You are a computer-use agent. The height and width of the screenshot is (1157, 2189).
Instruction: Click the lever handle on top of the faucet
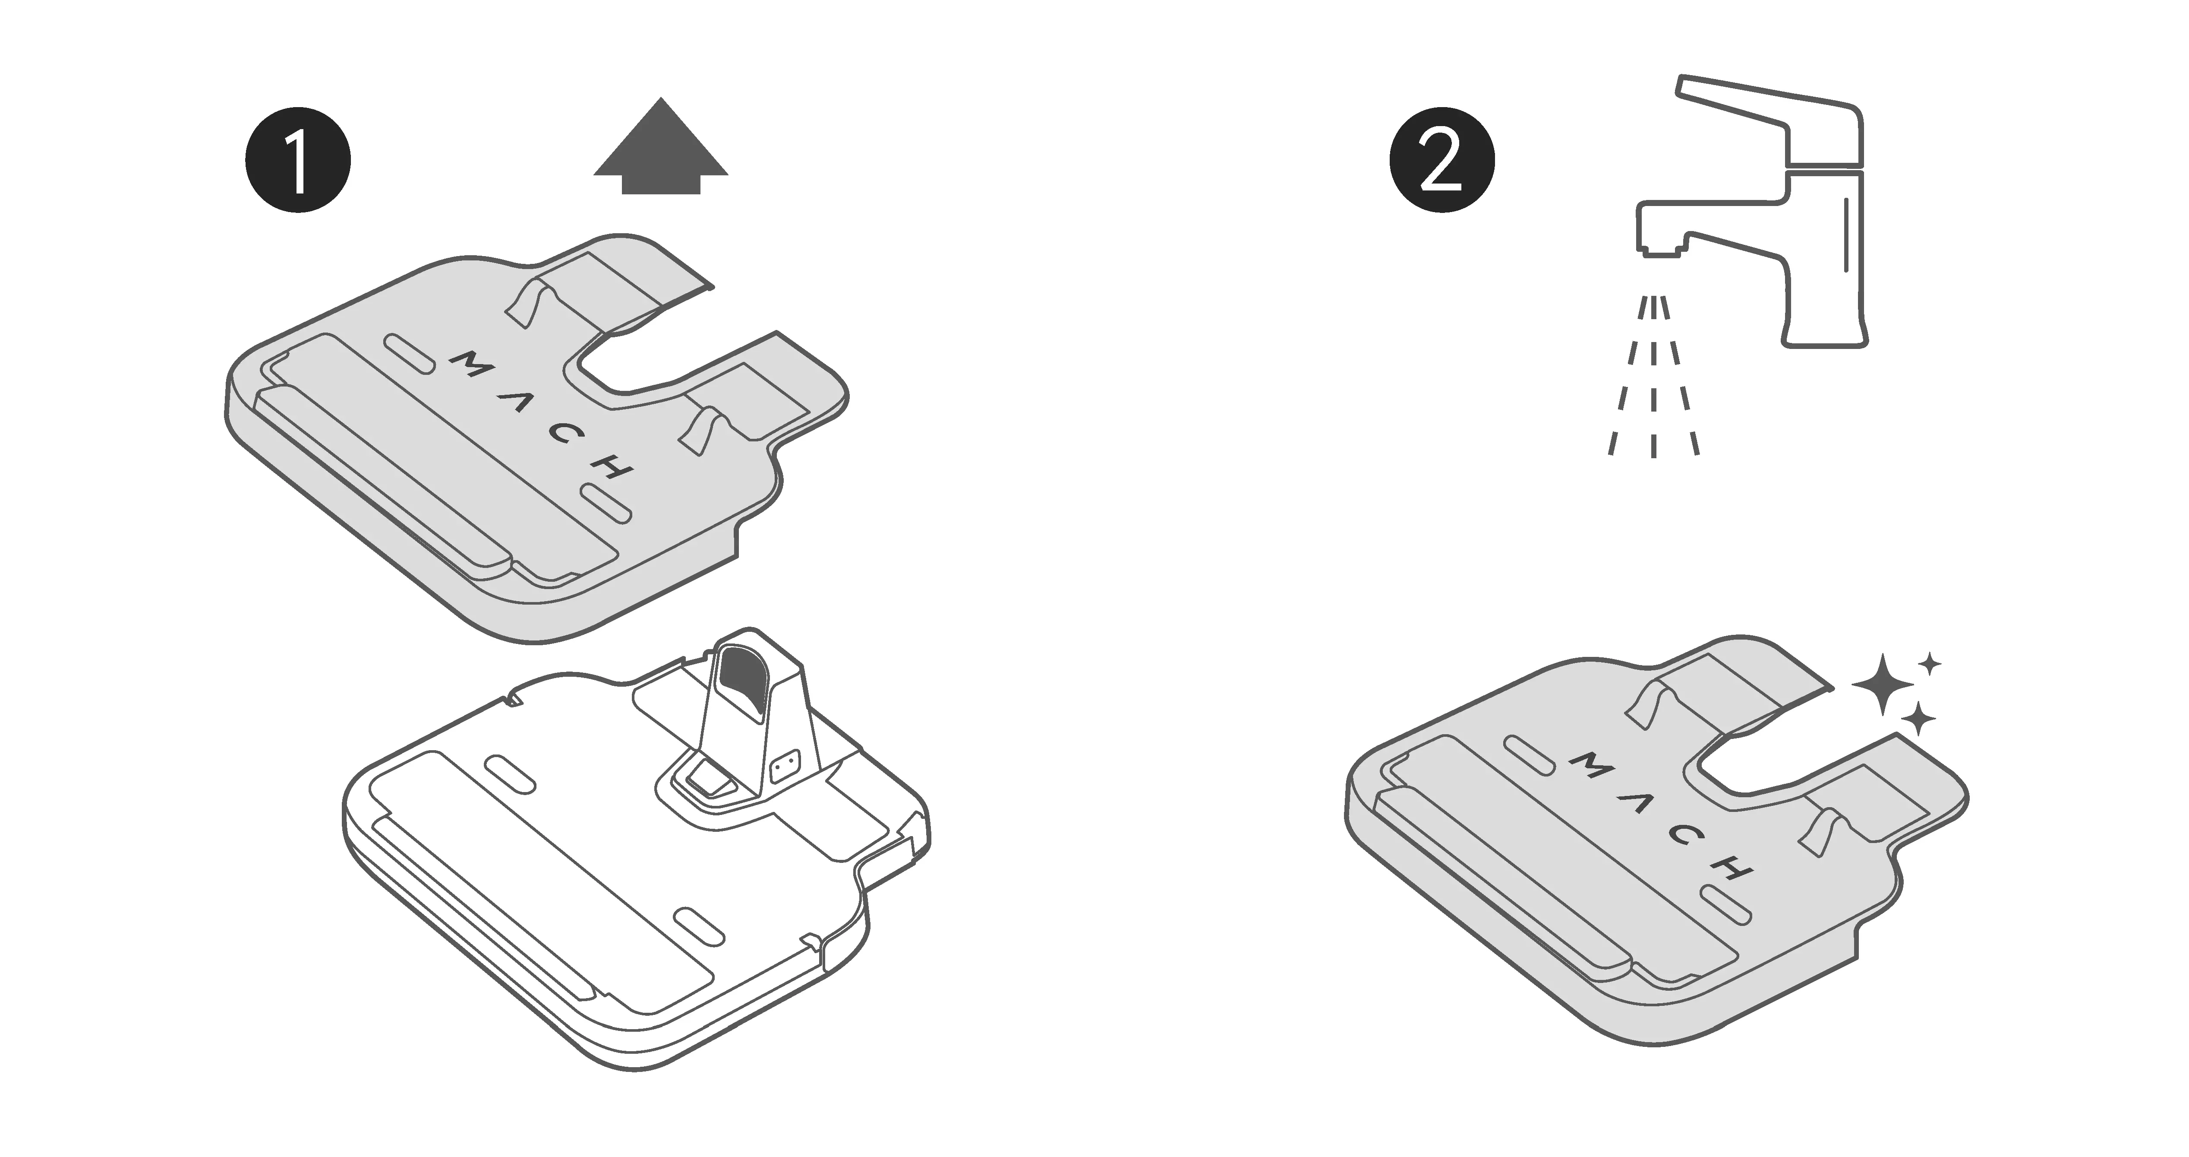[x=1776, y=127]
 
